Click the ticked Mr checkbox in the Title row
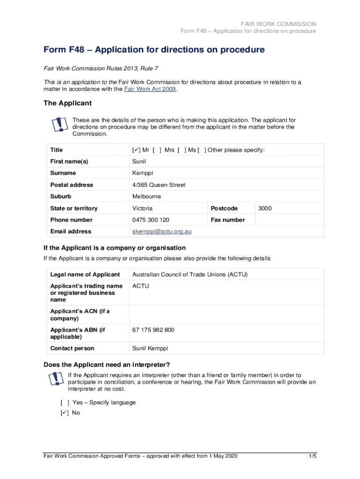tap(136, 150)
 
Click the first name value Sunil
tap(139, 162)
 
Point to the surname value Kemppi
tap(143, 174)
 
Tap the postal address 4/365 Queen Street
tap(159, 185)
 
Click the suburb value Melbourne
tap(146, 196)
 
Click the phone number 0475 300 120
tap(151, 220)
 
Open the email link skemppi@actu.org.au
tap(162, 232)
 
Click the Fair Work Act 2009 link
tap(150, 89)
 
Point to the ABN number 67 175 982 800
tap(153, 330)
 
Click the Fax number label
tap(228, 220)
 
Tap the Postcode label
tap(224, 208)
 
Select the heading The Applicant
tap(67, 103)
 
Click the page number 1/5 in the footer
tap(312, 457)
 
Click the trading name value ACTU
tap(141, 286)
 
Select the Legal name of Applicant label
tap(85, 275)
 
